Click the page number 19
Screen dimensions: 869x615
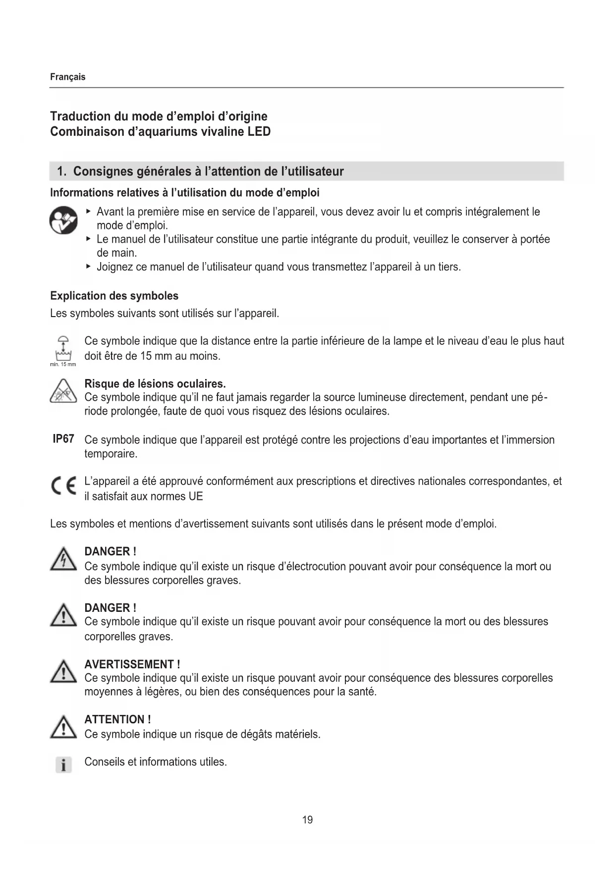coord(307,820)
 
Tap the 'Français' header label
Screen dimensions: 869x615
coord(68,77)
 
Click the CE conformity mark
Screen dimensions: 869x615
coord(64,488)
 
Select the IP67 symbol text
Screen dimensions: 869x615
coord(63,439)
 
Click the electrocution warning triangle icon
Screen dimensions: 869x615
coord(63,560)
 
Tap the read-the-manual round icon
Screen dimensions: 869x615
coord(64,221)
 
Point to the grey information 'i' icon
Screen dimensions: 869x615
coord(63,765)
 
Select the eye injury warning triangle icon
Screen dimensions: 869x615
coord(63,391)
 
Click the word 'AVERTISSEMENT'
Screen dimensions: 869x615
coord(129,664)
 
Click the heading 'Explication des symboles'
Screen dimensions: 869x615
coord(114,296)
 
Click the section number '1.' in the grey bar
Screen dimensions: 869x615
coord(61,171)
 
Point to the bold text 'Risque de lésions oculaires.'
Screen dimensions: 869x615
coord(155,383)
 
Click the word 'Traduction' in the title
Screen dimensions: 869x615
coord(80,116)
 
